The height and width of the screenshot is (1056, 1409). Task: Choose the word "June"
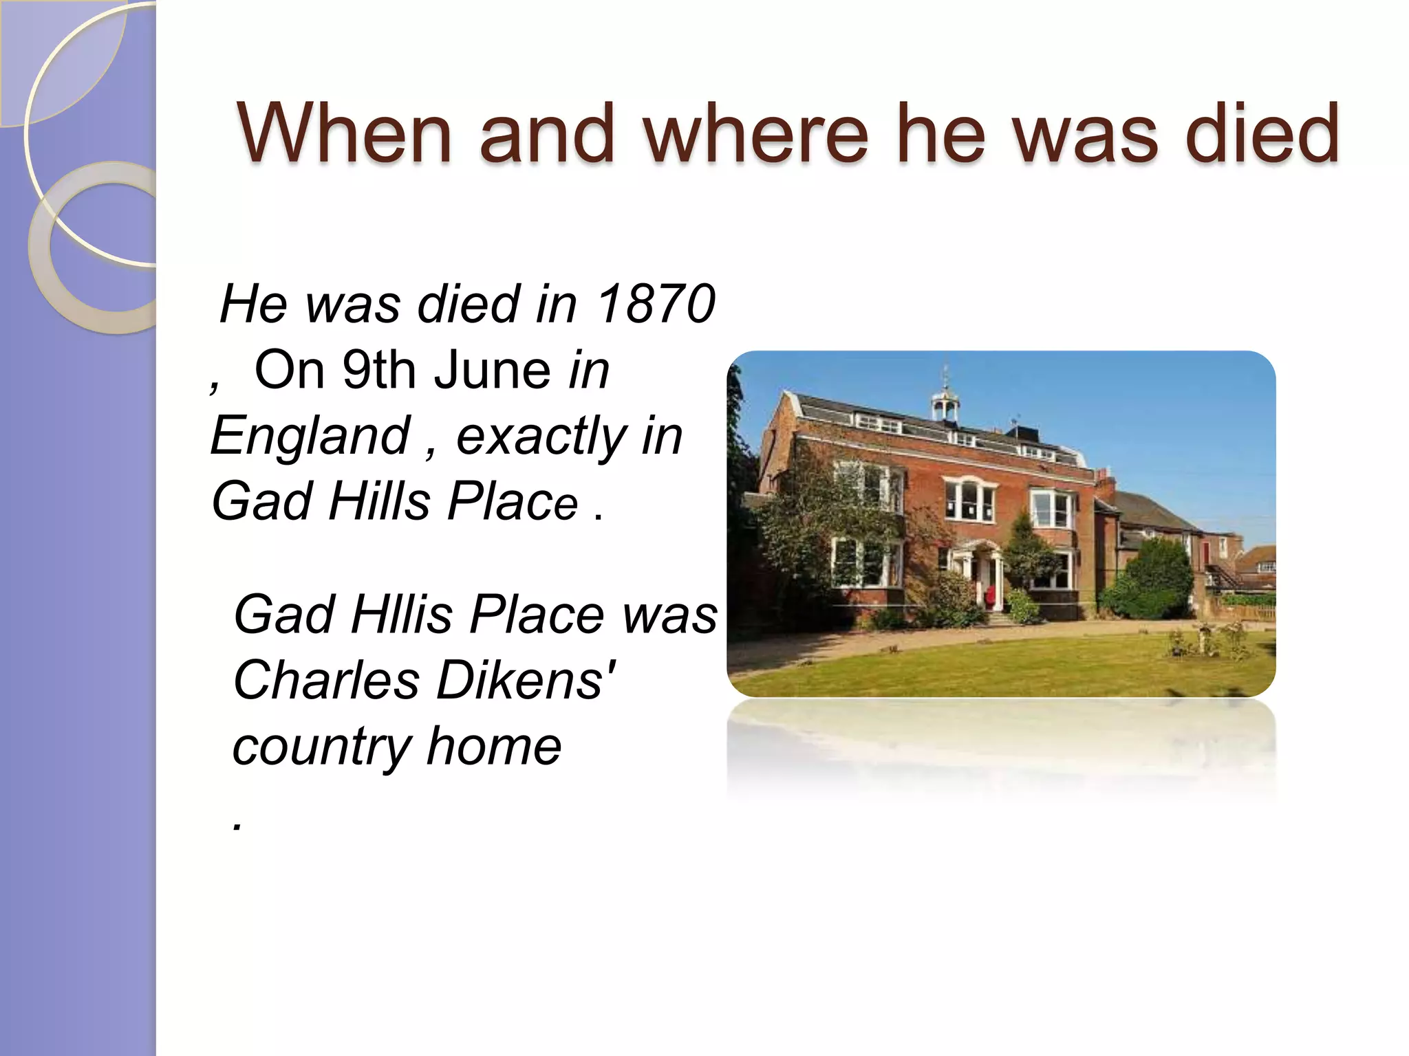492,370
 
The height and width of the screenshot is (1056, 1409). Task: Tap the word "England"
310,436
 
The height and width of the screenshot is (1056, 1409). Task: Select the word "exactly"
541,436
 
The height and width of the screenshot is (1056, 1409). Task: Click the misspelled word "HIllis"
401,614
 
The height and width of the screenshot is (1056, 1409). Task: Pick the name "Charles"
326,680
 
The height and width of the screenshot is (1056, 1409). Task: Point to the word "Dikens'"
526,680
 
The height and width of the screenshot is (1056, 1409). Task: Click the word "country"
321,746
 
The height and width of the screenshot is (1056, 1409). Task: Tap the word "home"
493,746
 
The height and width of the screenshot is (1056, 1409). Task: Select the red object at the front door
991,596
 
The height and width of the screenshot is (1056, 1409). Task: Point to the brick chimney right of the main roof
1104,481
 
